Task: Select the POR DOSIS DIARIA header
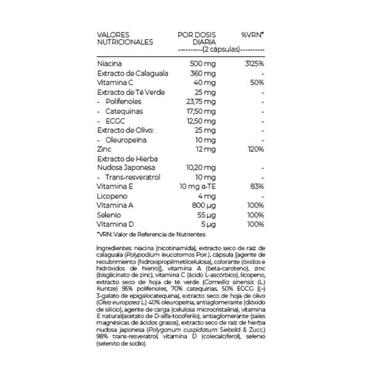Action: point(195,38)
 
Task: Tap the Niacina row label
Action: point(110,64)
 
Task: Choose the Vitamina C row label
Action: point(115,82)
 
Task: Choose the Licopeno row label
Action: point(111,195)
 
